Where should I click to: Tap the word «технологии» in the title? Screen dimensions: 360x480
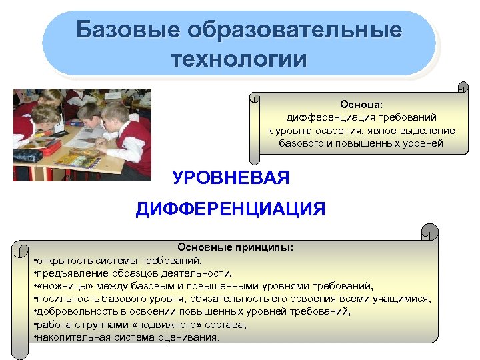[x=239, y=59]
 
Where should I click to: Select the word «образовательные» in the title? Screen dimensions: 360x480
[x=295, y=30]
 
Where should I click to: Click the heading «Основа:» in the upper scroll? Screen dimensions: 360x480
[x=362, y=104]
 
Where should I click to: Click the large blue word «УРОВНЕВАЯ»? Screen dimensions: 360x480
[x=231, y=178]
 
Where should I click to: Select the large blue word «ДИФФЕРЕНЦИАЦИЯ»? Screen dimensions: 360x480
[x=231, y=210]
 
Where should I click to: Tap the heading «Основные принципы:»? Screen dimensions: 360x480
[x=235, y=247]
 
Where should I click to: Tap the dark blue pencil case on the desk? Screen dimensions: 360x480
[x=27, y=155]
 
